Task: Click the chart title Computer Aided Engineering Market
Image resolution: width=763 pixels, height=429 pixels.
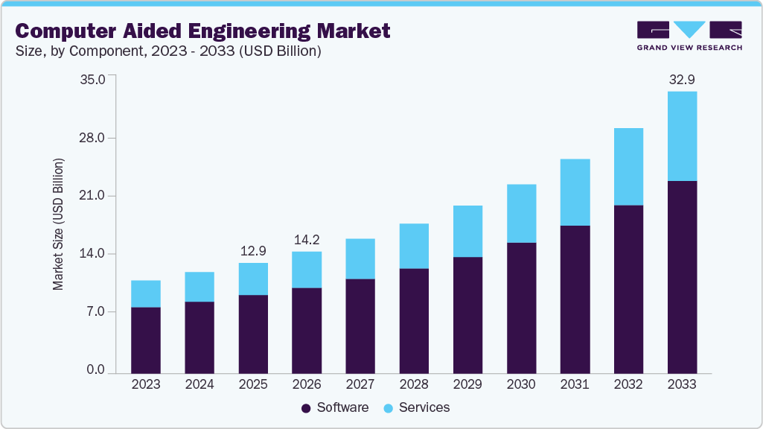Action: [202, 31]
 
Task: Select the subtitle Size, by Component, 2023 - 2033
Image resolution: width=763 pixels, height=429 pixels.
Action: [168, 51]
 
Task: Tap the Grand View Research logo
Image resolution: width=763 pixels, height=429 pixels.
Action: [689, 35]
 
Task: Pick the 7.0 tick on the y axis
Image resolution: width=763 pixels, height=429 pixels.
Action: [96, 311]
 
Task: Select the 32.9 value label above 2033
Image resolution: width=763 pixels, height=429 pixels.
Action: [682, 79]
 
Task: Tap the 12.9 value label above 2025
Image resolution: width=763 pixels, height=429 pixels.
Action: [253, 250]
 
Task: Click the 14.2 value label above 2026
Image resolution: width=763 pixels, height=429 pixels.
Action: [307, 239]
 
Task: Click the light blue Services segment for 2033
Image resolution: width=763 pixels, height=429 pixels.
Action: [682, 136]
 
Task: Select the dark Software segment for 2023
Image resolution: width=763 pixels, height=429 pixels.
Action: [146, 340]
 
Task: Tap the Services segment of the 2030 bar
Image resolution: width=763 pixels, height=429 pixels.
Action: [521, 213]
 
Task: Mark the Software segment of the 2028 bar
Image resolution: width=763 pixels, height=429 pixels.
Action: [414, 320]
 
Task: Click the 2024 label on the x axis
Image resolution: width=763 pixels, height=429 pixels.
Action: [199, 384]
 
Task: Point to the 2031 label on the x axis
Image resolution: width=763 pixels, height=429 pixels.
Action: [575, 384]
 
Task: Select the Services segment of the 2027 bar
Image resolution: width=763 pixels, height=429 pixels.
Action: [360, 258]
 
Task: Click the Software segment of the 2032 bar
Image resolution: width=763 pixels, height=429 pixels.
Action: [628, 289]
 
